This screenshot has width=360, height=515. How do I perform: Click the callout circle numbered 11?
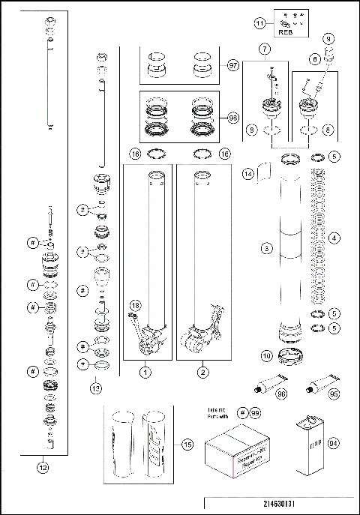click(x=260, y=23)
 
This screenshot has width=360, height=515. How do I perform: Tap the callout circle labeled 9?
click(x=328, y=37)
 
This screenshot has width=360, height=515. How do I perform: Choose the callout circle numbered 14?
click(x=248, y=173)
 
